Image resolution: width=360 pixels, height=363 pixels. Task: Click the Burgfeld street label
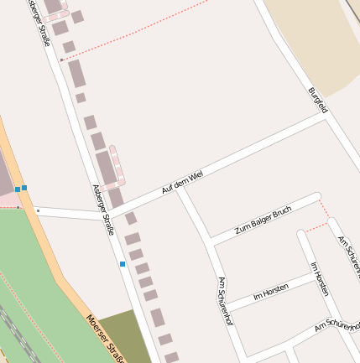[318, 101]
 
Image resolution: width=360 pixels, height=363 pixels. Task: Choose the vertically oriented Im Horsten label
[320, 278]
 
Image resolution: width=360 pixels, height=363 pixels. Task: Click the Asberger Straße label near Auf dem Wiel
[103, 210]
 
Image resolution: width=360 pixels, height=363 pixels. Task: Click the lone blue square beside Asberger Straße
[123, 264]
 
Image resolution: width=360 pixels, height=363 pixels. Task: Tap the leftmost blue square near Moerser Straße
[17, 189]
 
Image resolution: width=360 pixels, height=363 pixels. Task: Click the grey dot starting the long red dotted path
[63, 60]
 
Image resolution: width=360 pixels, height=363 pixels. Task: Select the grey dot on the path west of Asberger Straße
[38, 210]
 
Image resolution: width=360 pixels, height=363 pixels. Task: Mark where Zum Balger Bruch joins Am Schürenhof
[210, 241]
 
